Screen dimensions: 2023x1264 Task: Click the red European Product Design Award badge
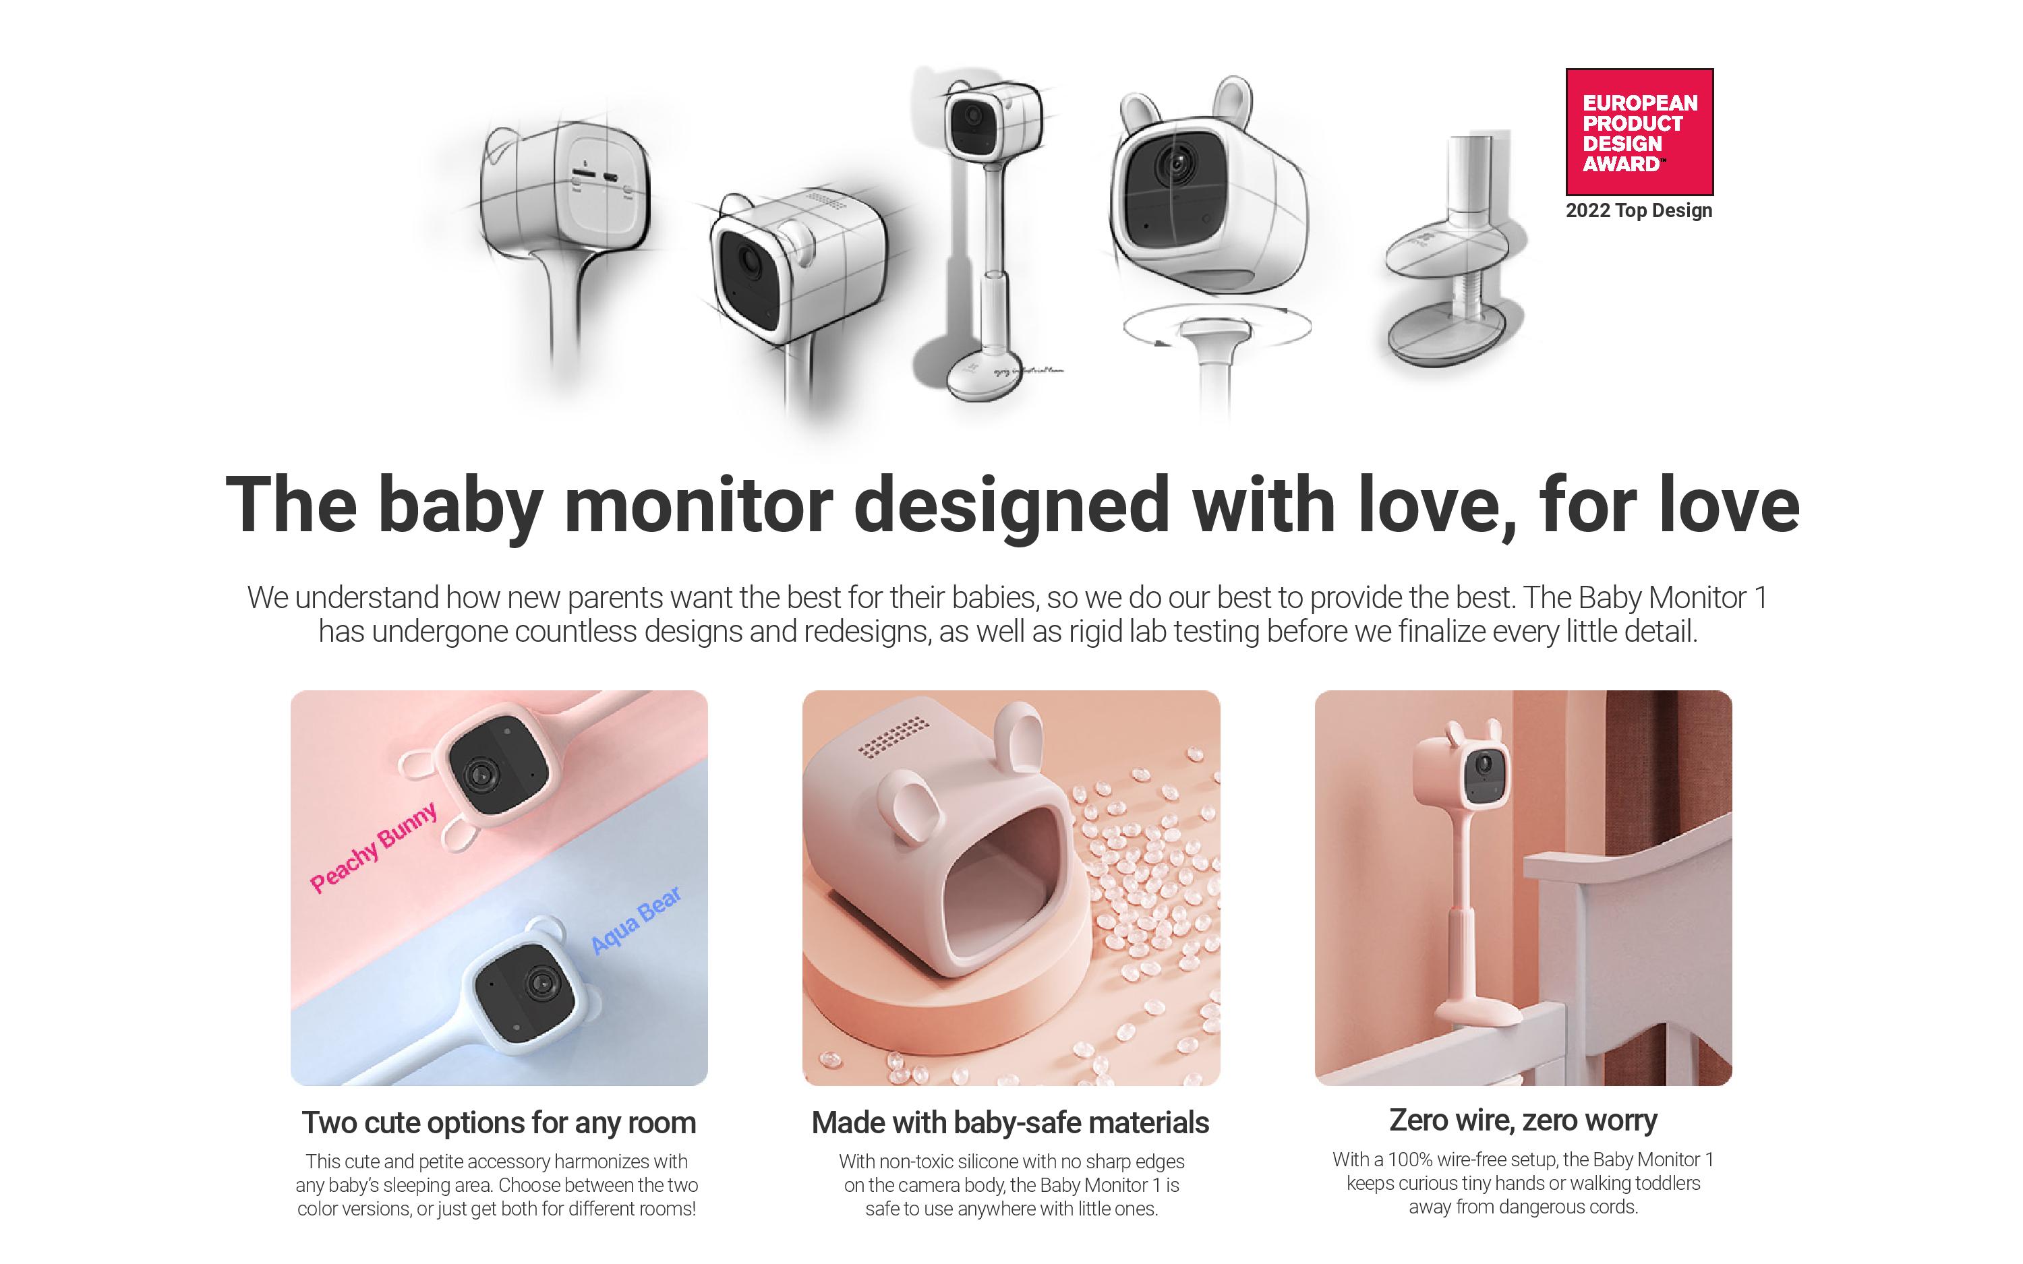[1639, 132]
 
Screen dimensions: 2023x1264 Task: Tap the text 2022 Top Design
[1639, 210]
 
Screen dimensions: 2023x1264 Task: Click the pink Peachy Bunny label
[374, 847]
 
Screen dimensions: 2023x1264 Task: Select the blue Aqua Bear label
[636, 920]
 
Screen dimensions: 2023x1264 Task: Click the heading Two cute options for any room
[499, 1122]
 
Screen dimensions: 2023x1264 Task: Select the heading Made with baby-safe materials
[1011, 1122]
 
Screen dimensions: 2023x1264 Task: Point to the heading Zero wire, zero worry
[1523, 1120]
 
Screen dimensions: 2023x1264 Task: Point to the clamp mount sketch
[1455, 251]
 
